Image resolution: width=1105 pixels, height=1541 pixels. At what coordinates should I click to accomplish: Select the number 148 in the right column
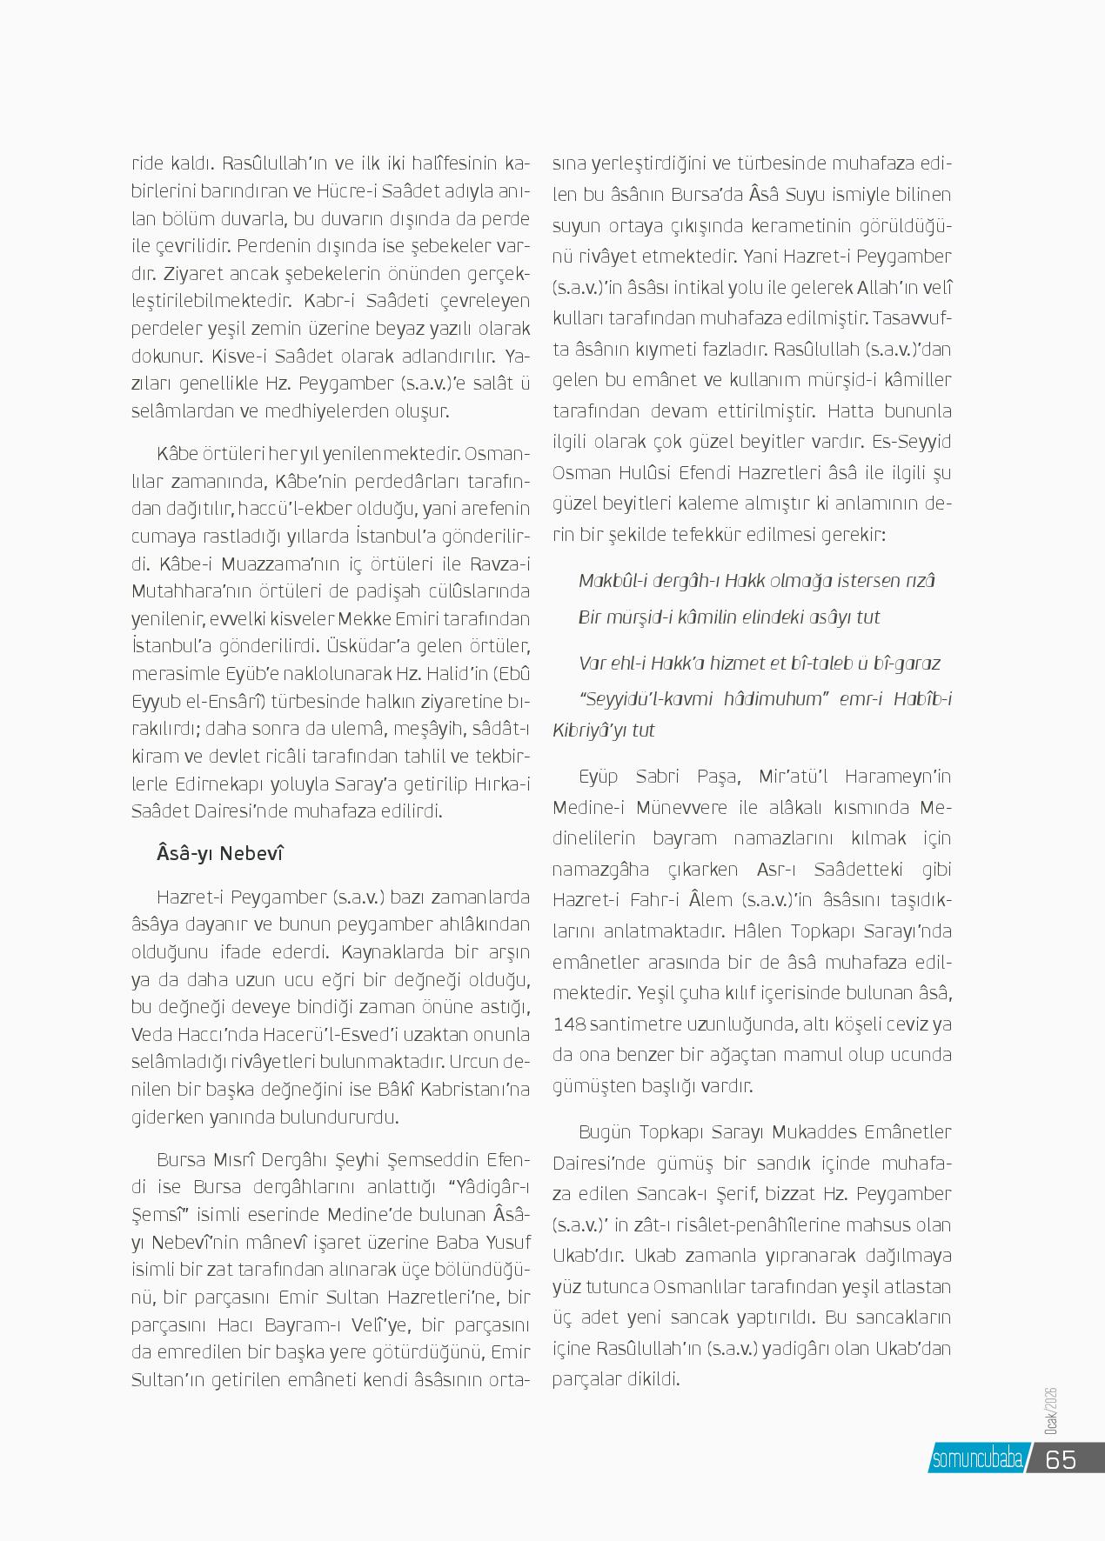click(x=569, y=1024)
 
